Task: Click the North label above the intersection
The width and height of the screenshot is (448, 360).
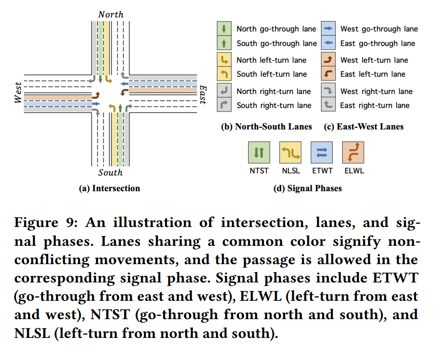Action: coord(111,15)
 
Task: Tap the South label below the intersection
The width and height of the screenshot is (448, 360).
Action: coord(110,172)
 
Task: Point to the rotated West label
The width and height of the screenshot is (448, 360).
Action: coord(18,93)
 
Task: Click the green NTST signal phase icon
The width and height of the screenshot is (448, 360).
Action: coord(259,152)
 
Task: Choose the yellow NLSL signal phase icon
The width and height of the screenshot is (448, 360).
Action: coord(290,152)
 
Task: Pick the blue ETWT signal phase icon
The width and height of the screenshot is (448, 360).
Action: coord(321,152)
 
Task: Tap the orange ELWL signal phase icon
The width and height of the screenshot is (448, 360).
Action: coord(353,152)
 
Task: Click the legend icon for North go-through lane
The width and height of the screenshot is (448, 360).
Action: coord(224,29)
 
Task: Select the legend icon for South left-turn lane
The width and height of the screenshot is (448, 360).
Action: coord(224,74)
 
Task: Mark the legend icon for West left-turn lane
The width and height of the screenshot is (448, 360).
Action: coord(329,60)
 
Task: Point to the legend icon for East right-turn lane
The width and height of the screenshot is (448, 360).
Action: coord(329,105)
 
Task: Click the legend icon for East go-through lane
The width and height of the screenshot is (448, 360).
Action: coord(329,43)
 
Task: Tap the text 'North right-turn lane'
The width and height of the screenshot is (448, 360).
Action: coord(274,91)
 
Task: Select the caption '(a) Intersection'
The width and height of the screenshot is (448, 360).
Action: coord(109,188)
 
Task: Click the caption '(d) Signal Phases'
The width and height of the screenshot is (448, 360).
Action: coord(307,188)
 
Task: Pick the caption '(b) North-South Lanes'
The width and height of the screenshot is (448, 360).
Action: coord(267,126)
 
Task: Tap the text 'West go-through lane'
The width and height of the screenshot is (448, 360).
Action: coord(379,29)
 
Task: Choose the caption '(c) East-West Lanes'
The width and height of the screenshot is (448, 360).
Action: coord(363,126)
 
